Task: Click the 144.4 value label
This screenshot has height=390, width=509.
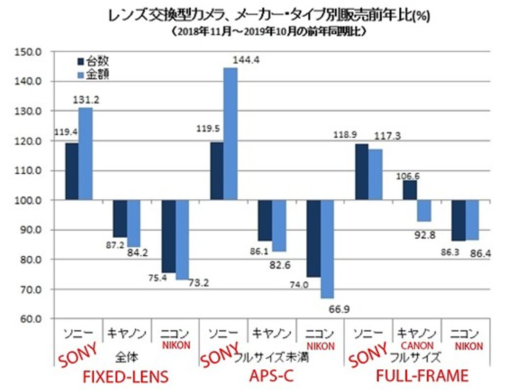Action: pyautogui.click(x=246, y=60)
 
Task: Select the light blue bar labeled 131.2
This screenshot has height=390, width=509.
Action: pyautogui.click(x=85, y=154)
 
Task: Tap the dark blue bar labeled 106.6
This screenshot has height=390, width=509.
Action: pyautogui.click(x=410, y=190)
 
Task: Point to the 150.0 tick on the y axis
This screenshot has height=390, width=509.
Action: pyautogui.click(x=28, y=52)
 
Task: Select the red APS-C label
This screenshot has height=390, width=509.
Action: pyautogui.click(x=271, y=376)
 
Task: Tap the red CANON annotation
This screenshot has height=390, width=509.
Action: pyautogui.click(x=417, y=346)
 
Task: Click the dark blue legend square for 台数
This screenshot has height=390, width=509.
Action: pyautogui.click(x=81, y=61)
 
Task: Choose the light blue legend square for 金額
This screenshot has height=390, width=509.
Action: pyautogui.click(x=81, y=75)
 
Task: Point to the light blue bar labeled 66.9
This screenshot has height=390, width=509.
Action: pyautogui.click(x=327, y=249)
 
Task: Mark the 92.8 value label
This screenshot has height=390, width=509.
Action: pyautogui.click(x=424, y=235)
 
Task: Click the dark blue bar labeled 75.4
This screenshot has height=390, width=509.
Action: pyautogui.click(x=169, y=236)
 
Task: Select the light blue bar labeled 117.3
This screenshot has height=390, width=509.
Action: pyautogui.click(x=375, y=174)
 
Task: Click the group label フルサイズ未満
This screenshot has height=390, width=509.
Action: pyautogui.click(x=271, y=357)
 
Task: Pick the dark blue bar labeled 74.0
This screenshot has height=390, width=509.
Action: pyautogui.click(x=313, y=238)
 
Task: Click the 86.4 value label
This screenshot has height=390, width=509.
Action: pyautogui.click(x=480, y=254)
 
